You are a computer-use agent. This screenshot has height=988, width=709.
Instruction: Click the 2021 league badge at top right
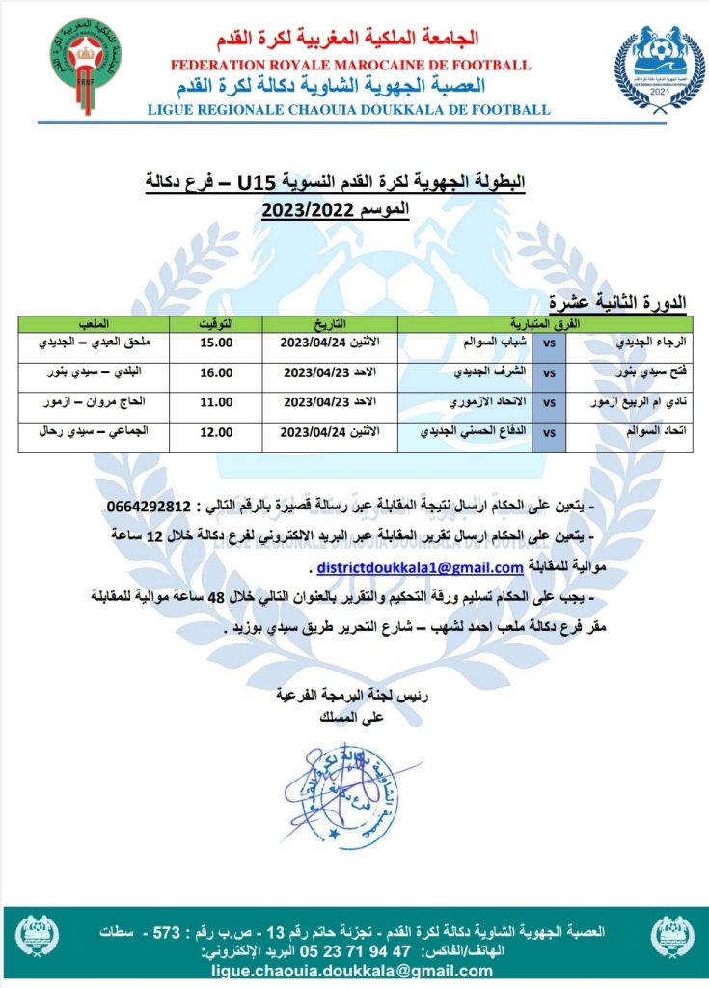click(x=659, y=67)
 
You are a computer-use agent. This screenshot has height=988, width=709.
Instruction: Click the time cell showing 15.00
click(x=215, y=343)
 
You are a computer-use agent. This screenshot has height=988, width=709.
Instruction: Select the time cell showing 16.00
click(x=215, y=371)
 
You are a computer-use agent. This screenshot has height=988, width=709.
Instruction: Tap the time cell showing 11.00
click(x=215, y=400)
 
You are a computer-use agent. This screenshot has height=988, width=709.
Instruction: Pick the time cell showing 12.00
click(x=215, y=433)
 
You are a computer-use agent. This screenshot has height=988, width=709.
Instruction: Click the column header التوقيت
click(x=215, y=323)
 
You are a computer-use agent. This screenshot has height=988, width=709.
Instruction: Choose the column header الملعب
click(x=93, y=323)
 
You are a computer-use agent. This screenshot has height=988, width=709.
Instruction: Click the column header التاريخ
click(x=329, y=323)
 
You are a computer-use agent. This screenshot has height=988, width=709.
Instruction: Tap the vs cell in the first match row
click(x=549, y=343)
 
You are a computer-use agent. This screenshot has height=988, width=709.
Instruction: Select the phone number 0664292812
click(x=150, y=508)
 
